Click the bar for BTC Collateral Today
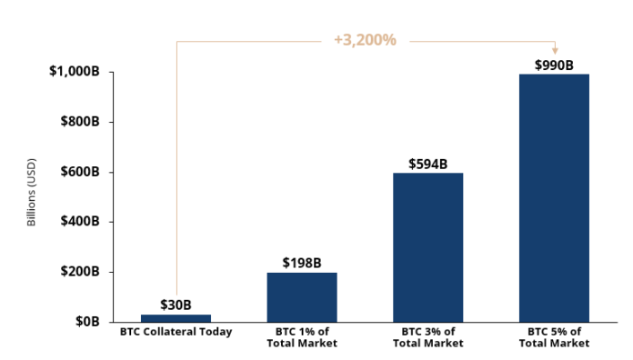[176, 317]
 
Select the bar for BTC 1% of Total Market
[302, 296]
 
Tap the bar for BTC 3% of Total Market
[427, 246]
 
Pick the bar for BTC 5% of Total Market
[554, 197]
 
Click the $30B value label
[176, 305]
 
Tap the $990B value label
[554, 65]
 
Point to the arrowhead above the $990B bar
[555, 51]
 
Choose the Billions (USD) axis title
[32, 197]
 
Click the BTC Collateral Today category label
[176, 332]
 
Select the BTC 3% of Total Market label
[427, 337]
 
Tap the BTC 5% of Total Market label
[554, 337]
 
